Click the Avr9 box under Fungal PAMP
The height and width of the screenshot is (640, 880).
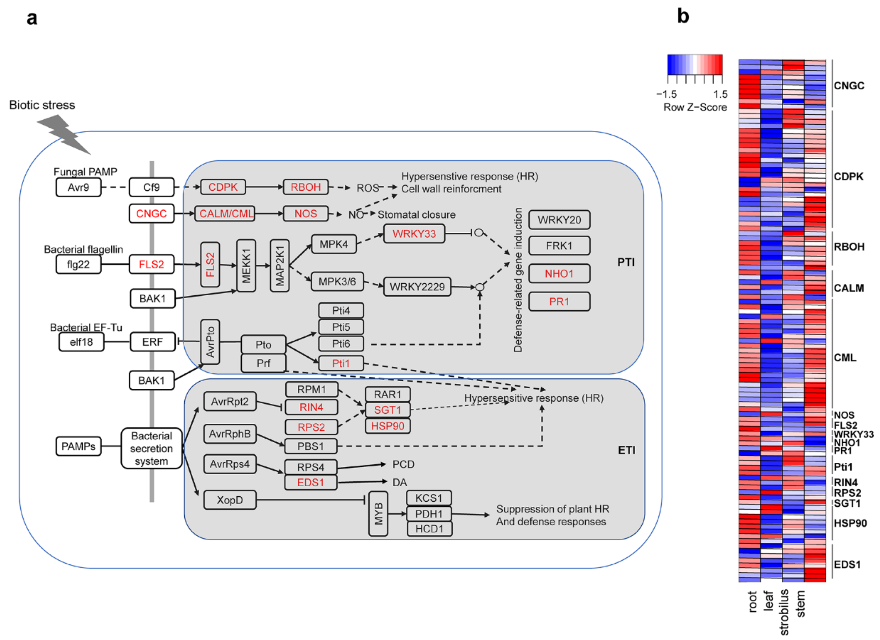point(78,187)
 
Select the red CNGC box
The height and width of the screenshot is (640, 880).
point(151,213)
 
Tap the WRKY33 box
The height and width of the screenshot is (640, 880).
point(414,233)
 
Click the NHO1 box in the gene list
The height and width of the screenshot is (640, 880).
point(559,273)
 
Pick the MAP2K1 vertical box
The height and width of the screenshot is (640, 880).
point(279,266)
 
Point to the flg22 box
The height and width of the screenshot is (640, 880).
point(78,265)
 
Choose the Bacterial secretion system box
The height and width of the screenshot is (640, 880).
point(151,448)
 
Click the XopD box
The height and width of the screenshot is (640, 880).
point(230,500)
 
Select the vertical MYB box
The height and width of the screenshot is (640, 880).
point(378,514)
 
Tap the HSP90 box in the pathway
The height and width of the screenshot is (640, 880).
point(388,426)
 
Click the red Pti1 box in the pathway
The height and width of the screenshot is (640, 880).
point(341,363)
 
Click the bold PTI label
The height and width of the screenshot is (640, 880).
point(626,262)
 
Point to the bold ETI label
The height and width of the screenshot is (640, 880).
point(626,450)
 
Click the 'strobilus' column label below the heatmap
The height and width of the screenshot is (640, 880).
point(784,612)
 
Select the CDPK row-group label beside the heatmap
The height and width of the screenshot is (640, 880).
point(849,176)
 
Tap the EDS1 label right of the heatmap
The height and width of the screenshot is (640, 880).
point(847,564)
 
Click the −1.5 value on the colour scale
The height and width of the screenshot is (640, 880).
point(666,94)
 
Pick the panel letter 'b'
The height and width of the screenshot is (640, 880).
point(683,16)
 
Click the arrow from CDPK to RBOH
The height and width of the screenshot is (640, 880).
point(265,187)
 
